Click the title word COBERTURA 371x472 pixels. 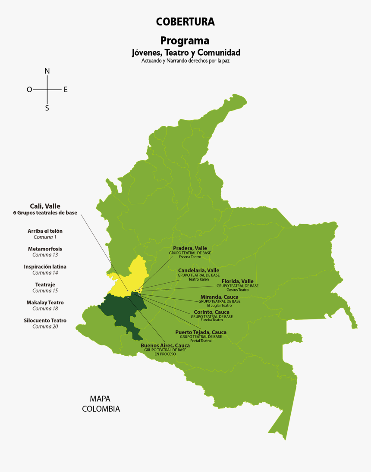click(185, 22)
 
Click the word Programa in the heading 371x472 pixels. click(185, 41)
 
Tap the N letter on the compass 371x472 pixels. click(47, 71)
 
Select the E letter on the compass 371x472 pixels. click(66, 90)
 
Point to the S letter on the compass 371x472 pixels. click(47, 108)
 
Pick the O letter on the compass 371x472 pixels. click(29, 90)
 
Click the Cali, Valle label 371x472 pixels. click(45, 206)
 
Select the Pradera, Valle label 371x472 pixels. click(190, 248)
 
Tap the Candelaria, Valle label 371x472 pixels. click(198, 270)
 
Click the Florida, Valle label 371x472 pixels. click(237, 281)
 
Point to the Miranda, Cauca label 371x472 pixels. click(219, 297)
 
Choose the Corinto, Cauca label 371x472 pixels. click(211, 312)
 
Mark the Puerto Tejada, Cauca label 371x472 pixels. click(201, 332)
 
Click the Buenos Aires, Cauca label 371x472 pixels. click(165, 345)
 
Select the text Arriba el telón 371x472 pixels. click(45, 231)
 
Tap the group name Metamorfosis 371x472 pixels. click(45, 249)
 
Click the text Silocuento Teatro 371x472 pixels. click(45, 320)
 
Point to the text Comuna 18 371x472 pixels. click(45, 309)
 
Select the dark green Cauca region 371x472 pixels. click(123, 310)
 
